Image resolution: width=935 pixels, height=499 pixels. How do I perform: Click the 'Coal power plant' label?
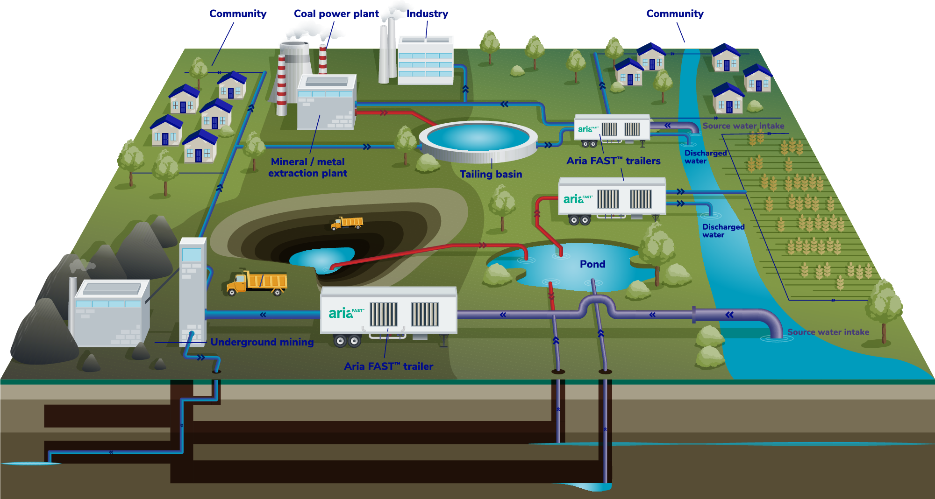[x=336, y=14]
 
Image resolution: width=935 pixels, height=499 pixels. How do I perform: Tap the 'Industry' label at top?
[x=427, y=14]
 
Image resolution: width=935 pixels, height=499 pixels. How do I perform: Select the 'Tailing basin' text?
[x=491, y=174]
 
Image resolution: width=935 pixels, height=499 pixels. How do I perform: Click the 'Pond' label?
[x=592, y=264]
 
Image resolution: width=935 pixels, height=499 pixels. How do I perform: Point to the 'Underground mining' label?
[x=262, y=342]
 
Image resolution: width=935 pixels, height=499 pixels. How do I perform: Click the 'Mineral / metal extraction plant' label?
[x=308, y=168]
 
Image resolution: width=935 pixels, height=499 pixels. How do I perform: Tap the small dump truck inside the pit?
[x=347, y=223]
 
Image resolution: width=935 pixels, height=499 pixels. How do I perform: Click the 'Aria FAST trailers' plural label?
[x=613, y=161]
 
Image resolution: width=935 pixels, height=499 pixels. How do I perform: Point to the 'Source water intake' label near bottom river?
[x=828, y=332]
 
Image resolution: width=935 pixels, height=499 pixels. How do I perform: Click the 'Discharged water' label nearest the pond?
[x=723, y=231]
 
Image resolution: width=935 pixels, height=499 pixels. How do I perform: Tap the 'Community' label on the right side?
[x=675, y=14]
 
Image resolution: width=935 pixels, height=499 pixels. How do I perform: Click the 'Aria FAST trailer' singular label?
[x=388, y=366]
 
